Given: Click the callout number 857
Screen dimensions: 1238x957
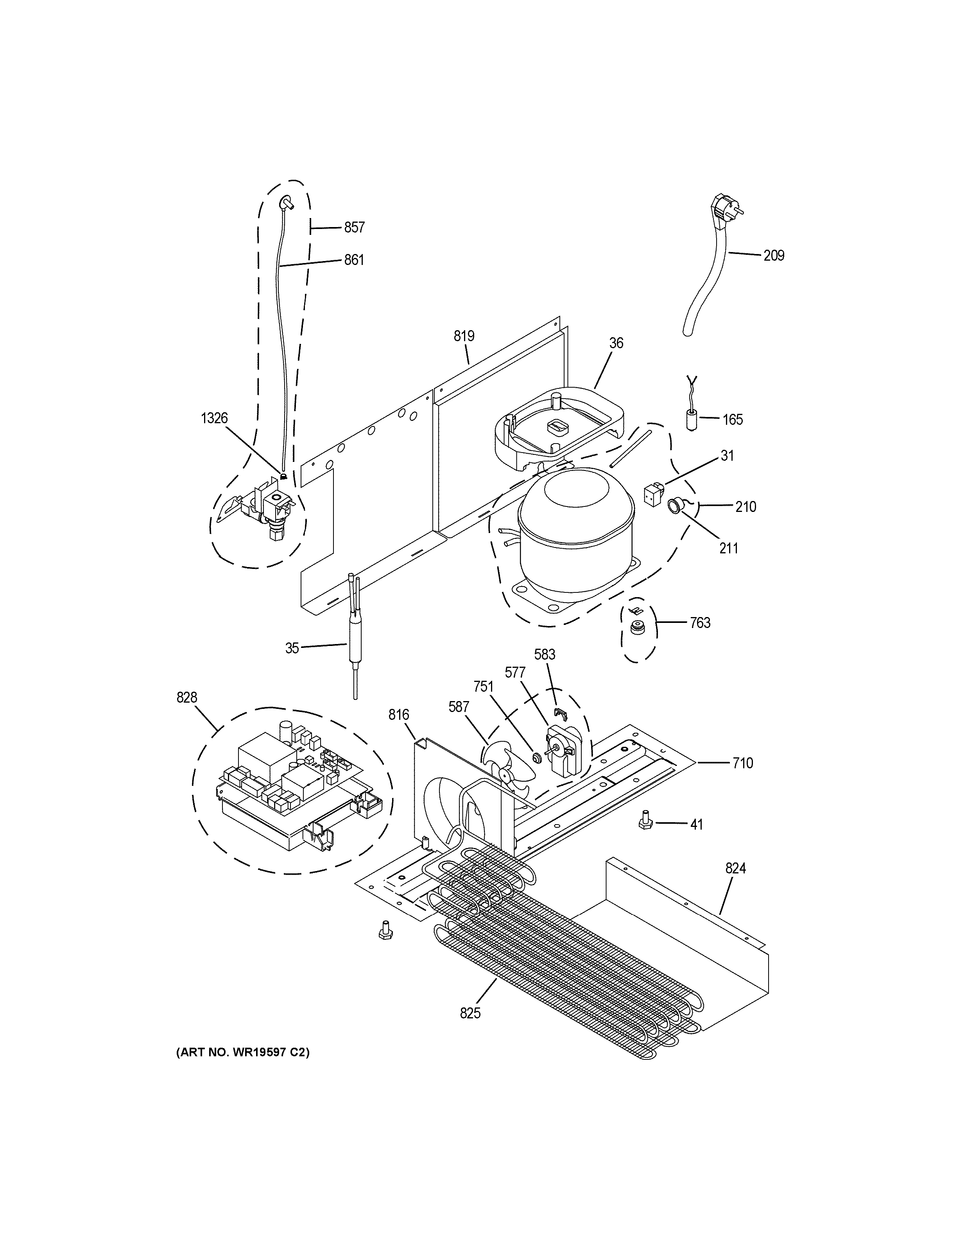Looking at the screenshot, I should coord(354,227).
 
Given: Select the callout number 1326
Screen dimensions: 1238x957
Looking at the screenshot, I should coord(214,419).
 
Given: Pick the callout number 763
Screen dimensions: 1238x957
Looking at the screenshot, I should coord(700,623).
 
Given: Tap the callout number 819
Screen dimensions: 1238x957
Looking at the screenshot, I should coord(463,336).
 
